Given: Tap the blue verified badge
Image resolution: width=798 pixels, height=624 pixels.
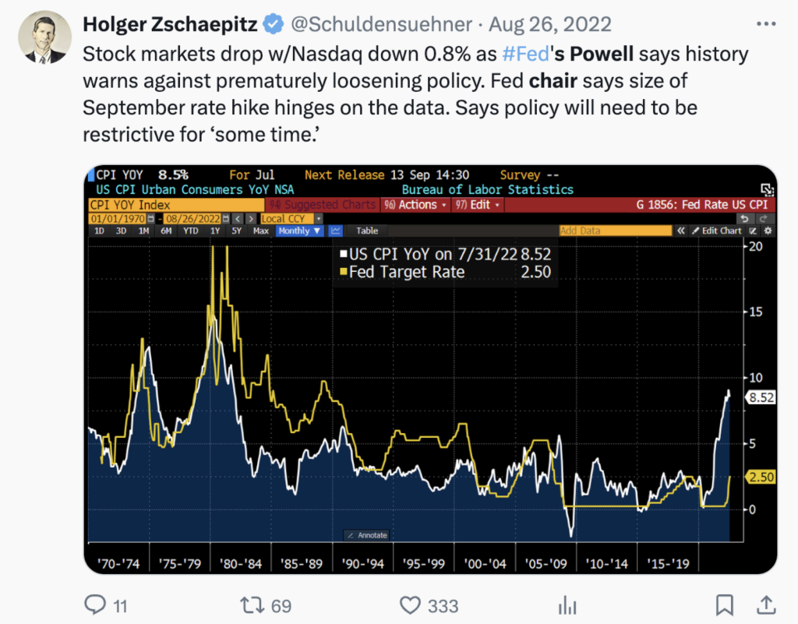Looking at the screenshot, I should (272, 25).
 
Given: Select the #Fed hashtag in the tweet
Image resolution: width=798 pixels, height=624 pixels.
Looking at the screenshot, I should (521, 55).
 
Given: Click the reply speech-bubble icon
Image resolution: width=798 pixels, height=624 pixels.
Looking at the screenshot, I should (95, 605).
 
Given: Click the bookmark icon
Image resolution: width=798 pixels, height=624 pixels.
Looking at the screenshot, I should (725, 605).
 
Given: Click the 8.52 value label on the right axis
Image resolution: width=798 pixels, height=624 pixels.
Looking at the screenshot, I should (759, 397).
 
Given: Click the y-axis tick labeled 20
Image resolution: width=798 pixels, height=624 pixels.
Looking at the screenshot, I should (754, 246).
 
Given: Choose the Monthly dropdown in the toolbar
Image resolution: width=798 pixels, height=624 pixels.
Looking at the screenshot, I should (300, 231).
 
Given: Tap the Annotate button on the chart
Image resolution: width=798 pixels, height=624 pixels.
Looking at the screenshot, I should (366, 535).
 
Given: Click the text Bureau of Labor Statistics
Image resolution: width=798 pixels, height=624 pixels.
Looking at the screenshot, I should (487, 189).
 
